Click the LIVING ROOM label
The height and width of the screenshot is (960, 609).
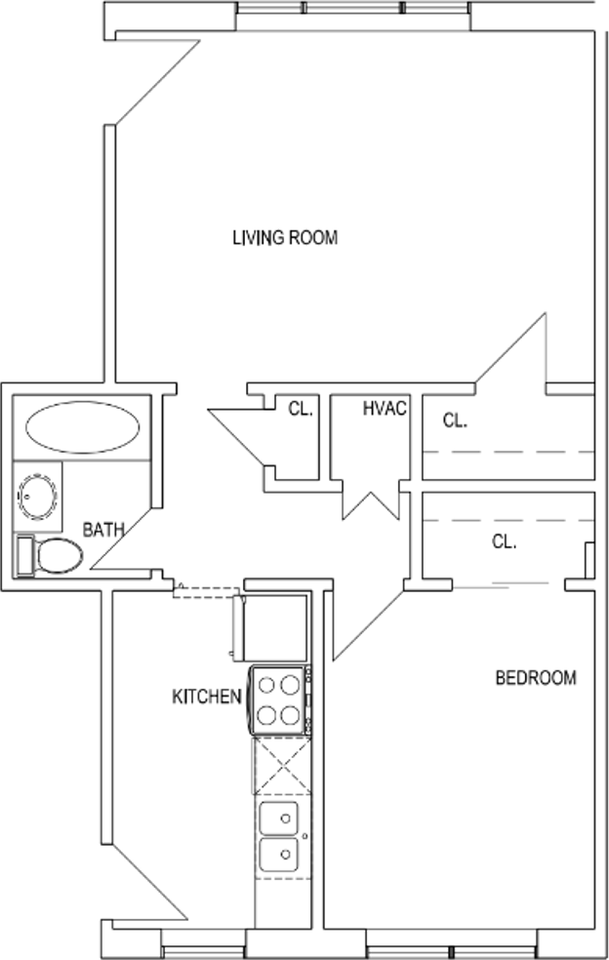[285, 238]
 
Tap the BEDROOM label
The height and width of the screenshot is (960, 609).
[536, 678]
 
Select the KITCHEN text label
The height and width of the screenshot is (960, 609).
[206, 697]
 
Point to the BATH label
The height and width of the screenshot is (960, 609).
[103, 530]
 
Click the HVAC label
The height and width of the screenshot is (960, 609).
[384, 408]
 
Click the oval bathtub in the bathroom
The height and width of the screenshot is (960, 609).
[82, 427]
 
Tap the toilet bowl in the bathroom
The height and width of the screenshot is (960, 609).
[59, 556]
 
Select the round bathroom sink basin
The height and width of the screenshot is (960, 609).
[38, 495]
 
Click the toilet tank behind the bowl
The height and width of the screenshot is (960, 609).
[25, 556]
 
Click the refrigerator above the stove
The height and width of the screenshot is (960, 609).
[269, 627]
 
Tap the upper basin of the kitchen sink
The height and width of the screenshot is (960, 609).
[279, 818]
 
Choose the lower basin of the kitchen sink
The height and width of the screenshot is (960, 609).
[279, 855]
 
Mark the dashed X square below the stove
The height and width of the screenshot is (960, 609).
[282, 766]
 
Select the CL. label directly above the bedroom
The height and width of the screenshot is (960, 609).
[504, 542]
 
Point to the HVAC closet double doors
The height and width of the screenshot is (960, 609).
[370, 501]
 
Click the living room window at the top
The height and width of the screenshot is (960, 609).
[353, 8]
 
